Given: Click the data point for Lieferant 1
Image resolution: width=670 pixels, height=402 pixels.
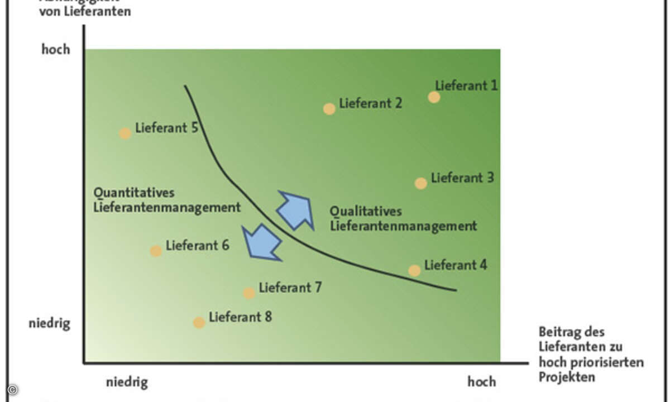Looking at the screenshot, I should (434, 97).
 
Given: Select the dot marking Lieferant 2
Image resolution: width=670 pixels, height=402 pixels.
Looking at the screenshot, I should (329, 109).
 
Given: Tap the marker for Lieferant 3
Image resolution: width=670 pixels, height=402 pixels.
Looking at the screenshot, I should (421, 183).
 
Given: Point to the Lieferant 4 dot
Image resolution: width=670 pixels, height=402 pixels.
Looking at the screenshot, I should (414, 271).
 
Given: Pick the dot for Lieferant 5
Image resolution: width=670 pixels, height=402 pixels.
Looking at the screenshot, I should (125, 133).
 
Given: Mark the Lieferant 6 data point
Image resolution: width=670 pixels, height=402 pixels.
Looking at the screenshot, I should (156, 251).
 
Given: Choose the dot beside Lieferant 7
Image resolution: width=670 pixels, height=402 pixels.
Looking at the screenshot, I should (249, 293).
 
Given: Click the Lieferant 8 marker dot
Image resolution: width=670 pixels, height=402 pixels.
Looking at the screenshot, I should (199, 323).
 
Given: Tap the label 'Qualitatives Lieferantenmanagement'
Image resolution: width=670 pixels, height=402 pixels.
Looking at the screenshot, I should (403, 219).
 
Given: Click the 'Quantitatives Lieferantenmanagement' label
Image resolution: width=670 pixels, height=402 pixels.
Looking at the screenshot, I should (166, 200).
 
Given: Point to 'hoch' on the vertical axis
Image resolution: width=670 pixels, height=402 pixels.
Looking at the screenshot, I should (56, 49).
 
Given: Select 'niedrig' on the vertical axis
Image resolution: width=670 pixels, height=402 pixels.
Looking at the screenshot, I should (49, 323).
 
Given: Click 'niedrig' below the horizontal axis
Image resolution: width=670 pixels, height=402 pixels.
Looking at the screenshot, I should (127, 382).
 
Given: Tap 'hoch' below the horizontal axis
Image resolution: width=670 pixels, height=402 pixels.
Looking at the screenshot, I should (481, 382).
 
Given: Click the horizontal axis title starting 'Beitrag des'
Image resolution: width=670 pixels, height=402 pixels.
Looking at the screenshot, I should (591, 355).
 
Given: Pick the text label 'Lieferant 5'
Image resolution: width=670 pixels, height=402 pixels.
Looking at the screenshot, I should (166, 128).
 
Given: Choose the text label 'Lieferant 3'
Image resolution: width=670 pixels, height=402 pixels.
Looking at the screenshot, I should (462, 178).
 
